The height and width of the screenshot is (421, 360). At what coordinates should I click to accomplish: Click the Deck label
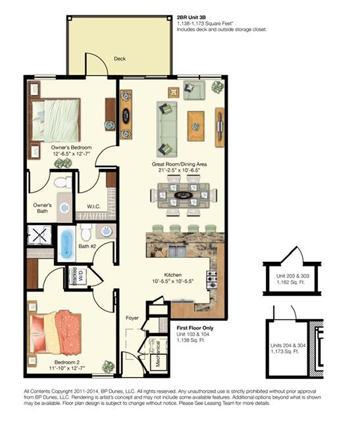click(120, 59)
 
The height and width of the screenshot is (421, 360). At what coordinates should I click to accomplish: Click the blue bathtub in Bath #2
click(67, 243)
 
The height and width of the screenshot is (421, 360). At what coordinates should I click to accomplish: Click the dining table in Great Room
click(184, 195)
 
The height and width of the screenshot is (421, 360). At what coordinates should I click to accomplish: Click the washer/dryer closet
click(74, 277)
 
